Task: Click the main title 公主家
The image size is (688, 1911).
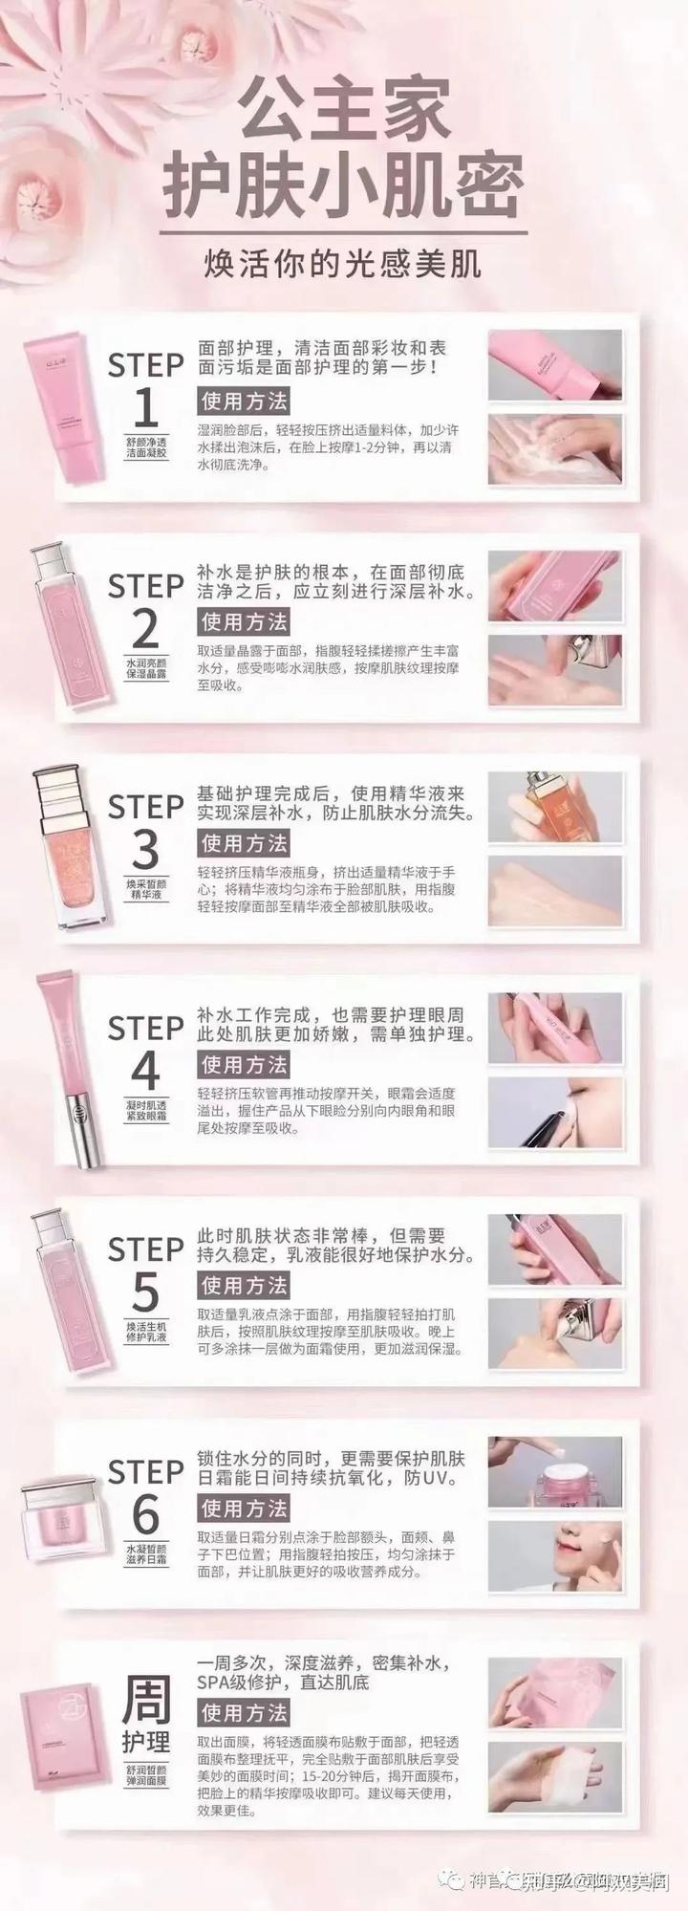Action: click(x=343, y=107)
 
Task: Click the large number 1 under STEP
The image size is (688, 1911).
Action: click(x=145, y=408)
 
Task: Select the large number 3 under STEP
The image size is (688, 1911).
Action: click(x=145, y=850)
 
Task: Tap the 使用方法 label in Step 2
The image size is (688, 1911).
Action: click(x=244, y=621)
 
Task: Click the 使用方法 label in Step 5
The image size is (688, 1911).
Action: click(x=244, y=1285)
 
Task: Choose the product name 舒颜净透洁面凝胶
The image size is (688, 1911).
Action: click(x=146, y=447)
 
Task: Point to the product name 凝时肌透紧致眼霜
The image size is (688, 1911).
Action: click(x=146, y=1109)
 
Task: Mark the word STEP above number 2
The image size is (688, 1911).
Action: click(x=145, y=585)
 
